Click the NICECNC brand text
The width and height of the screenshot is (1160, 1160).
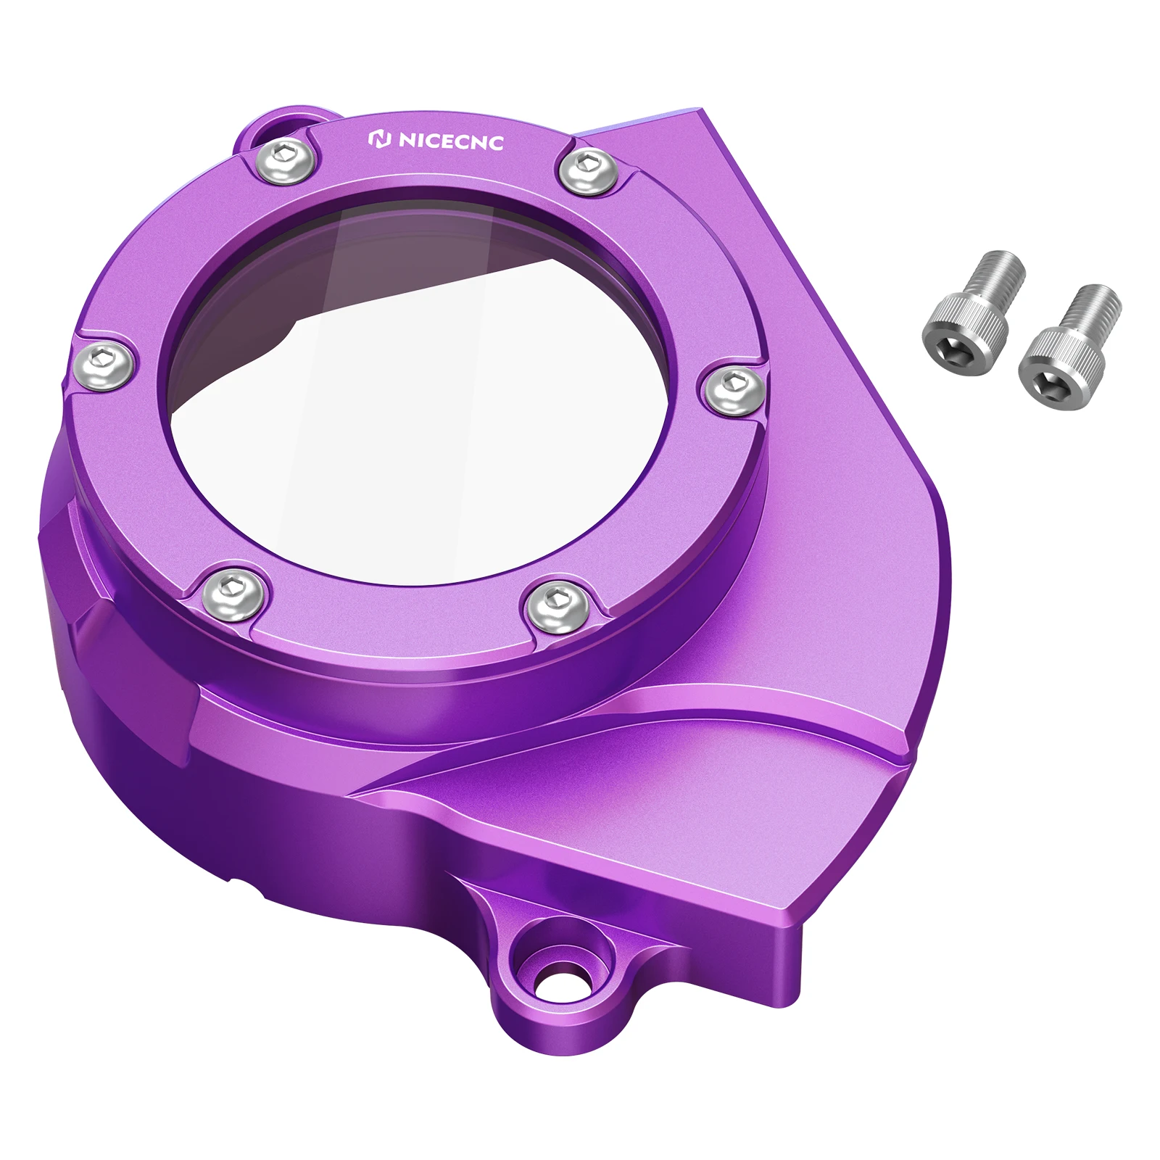click(450, 141)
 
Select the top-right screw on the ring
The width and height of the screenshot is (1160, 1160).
click(589, 171)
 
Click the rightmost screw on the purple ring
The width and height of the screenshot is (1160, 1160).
click(734, 389)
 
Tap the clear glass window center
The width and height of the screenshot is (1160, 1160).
click(435, 406)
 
